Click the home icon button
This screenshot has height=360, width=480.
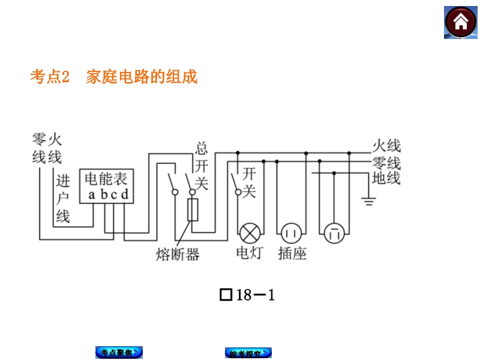coord(460,23)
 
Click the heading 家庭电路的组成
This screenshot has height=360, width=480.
coord(142,77)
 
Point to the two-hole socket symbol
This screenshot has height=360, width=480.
coord(291,232)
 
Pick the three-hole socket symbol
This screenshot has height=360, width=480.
coord(333,233)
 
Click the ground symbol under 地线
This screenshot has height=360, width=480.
coord(368,200)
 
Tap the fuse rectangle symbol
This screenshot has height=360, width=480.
coord(193,210)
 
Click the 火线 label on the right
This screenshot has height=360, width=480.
coord(386,146)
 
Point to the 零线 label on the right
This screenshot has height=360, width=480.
coord(386,163)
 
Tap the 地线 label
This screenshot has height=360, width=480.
coord(386,178)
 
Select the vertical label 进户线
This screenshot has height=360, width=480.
coord(63,199)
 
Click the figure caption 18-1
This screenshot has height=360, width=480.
coord(248,295)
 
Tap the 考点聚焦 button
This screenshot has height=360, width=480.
coord(119,353)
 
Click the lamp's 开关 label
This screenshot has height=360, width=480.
coord(249,182)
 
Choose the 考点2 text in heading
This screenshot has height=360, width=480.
coord(50,77)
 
